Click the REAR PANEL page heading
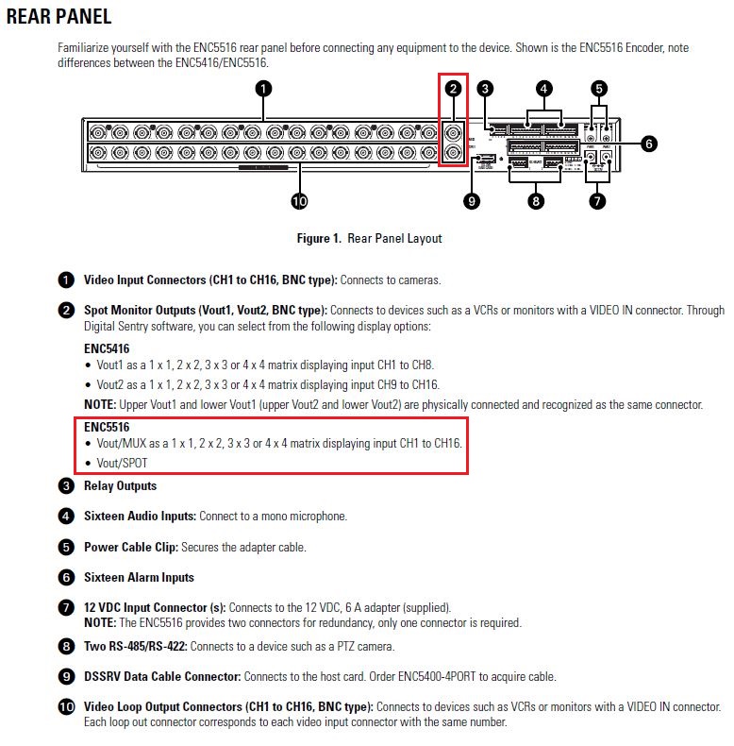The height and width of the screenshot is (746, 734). coord(58,16)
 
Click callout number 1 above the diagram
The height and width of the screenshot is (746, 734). coord(263,88)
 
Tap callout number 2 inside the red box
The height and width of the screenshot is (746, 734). coord(454,89)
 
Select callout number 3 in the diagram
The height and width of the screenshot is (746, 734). coord(485,89)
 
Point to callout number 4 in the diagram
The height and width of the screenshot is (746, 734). coord(543,89)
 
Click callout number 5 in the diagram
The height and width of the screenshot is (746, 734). coord(599,89)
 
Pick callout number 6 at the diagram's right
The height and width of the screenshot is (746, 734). coord(648,144)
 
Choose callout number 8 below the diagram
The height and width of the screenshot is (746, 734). coord(536,201)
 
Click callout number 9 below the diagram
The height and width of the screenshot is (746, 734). coord(473,200)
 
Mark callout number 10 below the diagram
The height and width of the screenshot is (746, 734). coord(299,201)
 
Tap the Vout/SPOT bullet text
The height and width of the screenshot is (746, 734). coord(122,463)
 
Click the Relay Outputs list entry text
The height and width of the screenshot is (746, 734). coord(120,486)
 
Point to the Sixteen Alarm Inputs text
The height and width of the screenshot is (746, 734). coord(139,577)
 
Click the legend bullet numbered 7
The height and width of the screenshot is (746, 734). coord(65,607)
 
